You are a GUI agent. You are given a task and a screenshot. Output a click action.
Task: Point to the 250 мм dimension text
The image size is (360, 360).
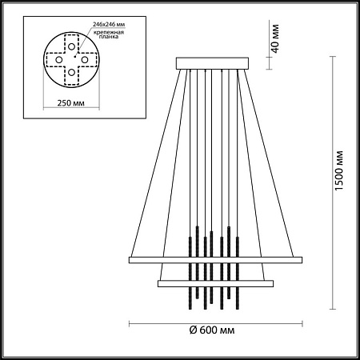(x=72, y=104)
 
